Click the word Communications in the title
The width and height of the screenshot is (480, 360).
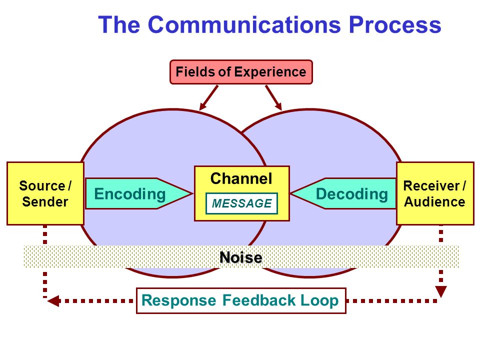click(x=244, y=24)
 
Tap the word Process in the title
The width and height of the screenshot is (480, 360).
click(x=395, y=24)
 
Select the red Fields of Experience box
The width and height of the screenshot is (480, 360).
click(x=241, y=72)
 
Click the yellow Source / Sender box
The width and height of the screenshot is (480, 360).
click(x=45, y=193)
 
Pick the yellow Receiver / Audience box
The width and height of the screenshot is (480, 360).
click(x=435, y=193)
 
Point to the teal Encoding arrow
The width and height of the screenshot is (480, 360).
click(x=138, y=193)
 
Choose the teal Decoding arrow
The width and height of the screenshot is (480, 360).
click(x=343, y=193)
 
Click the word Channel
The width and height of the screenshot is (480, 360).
click(x=241, y=178)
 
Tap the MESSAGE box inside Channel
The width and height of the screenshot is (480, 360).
click(x=242, y=203)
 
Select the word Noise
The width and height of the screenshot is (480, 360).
click(x=241, y=257)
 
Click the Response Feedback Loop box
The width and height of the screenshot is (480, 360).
click(x=241, y=300)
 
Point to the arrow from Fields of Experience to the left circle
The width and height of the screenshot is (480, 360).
click(x=209, y=97)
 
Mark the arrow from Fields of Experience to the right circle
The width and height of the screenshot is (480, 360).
click(x=273, y=97)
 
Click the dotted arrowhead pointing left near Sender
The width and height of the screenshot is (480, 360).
click(x=53, y=301)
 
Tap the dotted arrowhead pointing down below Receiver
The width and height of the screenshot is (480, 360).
click(x=441, y=291)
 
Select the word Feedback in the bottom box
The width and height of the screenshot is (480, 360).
click(x=258, y=300)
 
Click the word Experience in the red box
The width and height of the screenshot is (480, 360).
click(x=270, y=72)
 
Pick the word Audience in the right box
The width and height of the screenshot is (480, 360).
click(x=434, y=201)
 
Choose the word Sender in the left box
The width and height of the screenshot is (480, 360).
click(x=45, y=201)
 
